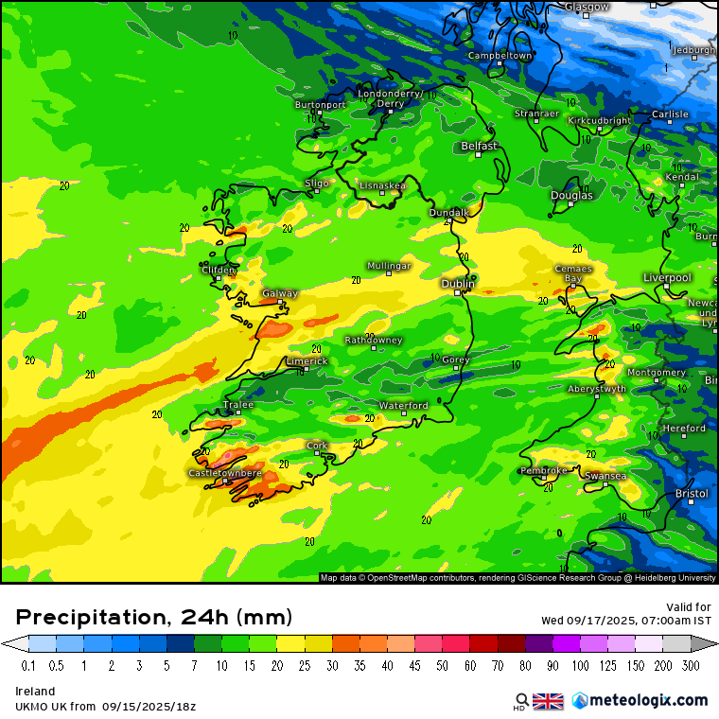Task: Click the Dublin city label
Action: pyautogui.click(x=459, y=283)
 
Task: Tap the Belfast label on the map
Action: pyautogui.click(x=479, y=146)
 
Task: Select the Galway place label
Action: pyautogui.click(x=280, y=293)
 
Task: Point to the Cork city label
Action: pyautogui.click(x=317, y=445)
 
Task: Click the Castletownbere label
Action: pyautogui.click(x=225, y=472)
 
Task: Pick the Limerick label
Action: pyautogui.click(x=307, y=360)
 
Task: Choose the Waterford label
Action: pyautogui.click(x=404, y=405)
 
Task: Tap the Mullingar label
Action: pyautogui.click(x=389, y=266)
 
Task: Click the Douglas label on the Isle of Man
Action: pyautogui.click(x=572, y=195)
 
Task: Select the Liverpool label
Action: pyautogui.click(x=667, y=277)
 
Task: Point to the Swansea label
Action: pyautogui.click(x=605, y=475)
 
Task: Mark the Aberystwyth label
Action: pyautogui.click(x=597, y=388)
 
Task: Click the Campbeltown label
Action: pyautogui.click(x=500, y=56)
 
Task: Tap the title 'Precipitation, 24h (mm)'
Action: pyautogui.click(x=154, y=618)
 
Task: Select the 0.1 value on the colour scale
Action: pyautogui.click(x=28, y=665)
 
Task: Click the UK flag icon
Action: pyautogui.click(x=548, y=701)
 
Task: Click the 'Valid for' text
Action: pyautogui.click(x=690, y=606)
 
